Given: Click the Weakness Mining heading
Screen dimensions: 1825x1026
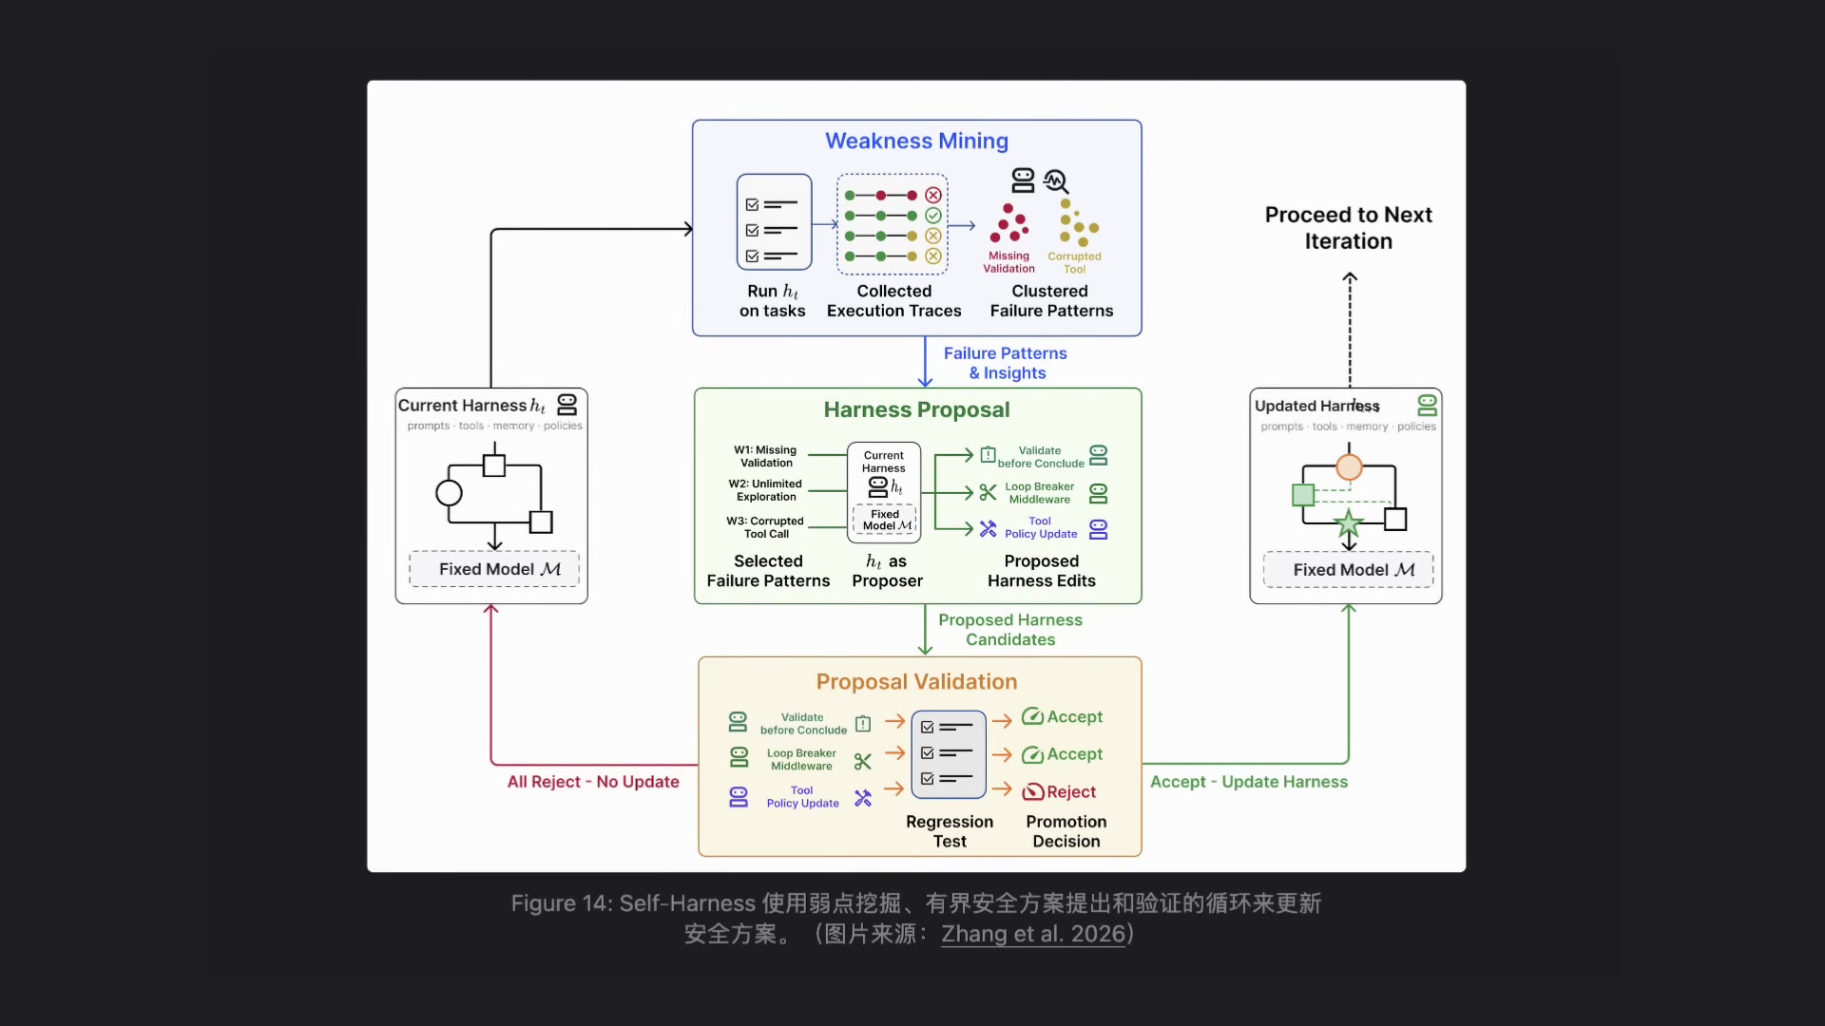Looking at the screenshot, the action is coord(916,141).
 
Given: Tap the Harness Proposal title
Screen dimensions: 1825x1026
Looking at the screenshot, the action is coord(916,409).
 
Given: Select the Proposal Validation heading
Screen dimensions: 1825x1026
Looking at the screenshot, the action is coord(916,681).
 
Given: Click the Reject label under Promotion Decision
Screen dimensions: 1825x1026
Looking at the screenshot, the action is coord(1070,791).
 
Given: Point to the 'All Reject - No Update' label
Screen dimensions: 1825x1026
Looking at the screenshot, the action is coord(593,781).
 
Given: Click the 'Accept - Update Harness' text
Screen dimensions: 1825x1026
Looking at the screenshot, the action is coord(1248,781).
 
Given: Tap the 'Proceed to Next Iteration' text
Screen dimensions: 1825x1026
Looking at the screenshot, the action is coord(1348,228).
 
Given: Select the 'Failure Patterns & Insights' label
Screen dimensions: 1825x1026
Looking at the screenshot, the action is coord(1006,363).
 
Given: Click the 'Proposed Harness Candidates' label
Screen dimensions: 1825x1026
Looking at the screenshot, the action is coord(1010,629).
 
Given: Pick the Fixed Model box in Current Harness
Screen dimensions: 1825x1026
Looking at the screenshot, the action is coord(494,569).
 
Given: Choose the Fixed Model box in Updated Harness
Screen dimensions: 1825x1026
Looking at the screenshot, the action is coord(1348,570).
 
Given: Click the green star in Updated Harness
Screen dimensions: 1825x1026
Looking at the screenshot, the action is coord(1348,522).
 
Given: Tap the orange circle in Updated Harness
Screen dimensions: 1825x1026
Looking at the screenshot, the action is coord(1349,466).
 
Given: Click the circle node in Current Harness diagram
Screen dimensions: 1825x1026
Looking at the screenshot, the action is coord(449,493).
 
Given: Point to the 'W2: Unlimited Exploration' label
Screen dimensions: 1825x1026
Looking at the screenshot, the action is coord(765,490).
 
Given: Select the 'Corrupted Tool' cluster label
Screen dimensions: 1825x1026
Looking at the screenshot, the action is coord(1074,262).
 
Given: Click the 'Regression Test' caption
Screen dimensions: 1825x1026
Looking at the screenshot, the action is coord(950,831).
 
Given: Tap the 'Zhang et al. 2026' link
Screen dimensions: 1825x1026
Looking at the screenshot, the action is coord(1033,934).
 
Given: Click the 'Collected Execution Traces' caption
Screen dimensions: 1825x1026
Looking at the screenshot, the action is coord(893,301).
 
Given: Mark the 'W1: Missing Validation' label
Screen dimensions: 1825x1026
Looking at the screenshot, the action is coord(765,456).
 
